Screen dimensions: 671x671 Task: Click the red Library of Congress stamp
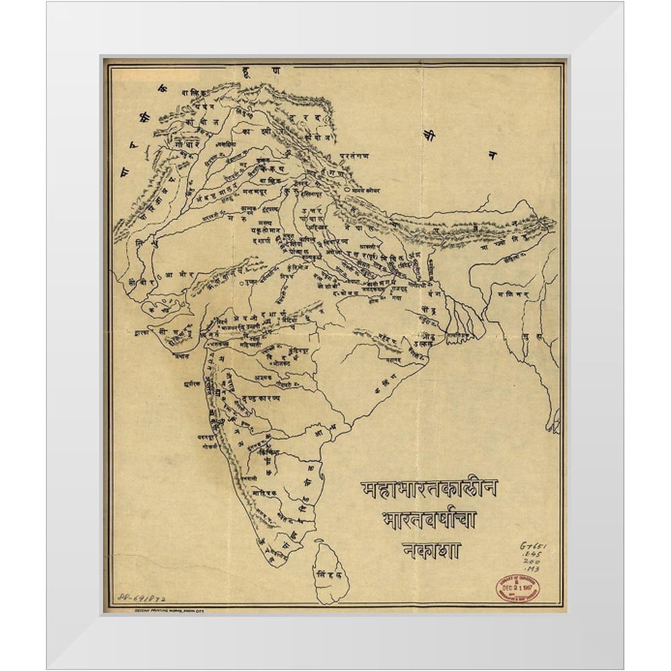[517, 588]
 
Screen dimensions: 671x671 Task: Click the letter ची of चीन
[429, 135]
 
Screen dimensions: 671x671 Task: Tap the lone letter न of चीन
[492, 156]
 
